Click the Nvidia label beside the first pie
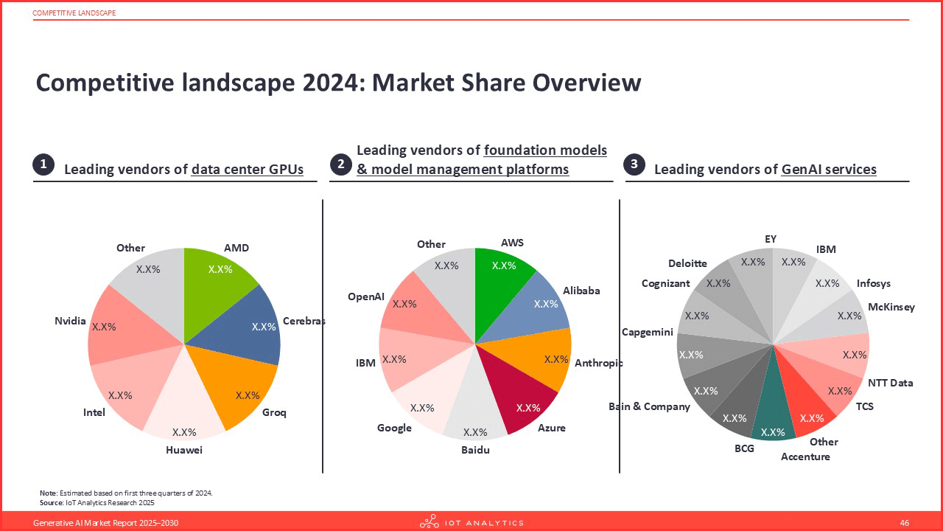(70, 321)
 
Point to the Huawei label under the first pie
(183, 450)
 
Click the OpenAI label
(366, 296)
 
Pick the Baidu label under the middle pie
(475, 450)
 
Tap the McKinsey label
(891, 307)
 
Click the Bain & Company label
(649, 406)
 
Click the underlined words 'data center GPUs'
(247, 170)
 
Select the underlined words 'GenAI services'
(829, 170)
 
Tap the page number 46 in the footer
(905, 523)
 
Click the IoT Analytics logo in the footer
(471, 523)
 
